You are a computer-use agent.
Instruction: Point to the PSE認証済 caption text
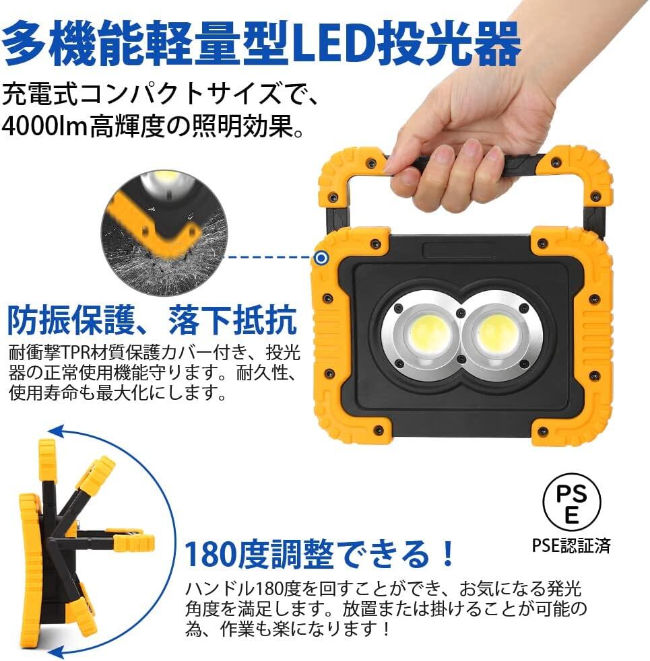tap(571, 545)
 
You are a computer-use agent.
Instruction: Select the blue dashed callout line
tap(269, 257)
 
